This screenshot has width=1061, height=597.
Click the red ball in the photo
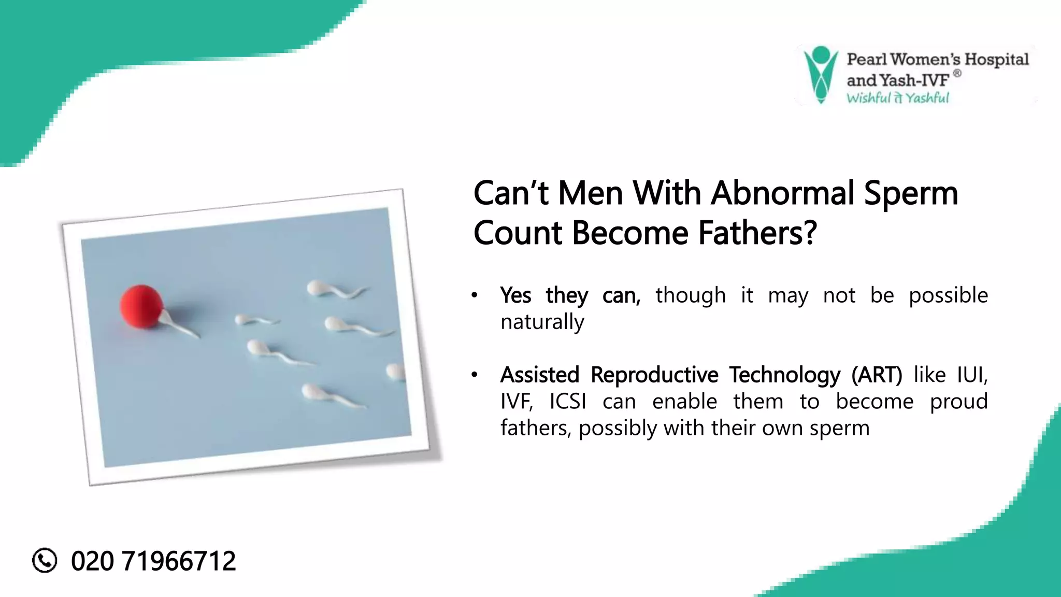tap(141, 306)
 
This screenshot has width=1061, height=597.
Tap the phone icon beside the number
tap(45, 560)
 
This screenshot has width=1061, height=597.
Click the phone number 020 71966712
tap(153, 561)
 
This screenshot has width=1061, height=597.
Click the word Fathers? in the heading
tap(757, 233)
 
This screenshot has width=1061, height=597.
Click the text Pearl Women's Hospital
tap(937, 60)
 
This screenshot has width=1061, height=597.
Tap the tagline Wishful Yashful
tap(897, 98)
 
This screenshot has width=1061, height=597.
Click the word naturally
tap(542, 322)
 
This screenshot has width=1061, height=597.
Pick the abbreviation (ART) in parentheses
tap(877, 375)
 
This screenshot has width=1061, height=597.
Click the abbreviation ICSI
tap(568, 402)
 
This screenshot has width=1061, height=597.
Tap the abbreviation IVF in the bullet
tap(516, 402)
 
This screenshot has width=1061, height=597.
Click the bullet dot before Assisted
tap(474, 375)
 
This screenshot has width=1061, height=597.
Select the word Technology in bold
tap(784, 375)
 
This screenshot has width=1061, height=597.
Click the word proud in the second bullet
tap(958, 402)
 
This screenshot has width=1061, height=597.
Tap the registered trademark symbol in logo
tap(957, 74)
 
